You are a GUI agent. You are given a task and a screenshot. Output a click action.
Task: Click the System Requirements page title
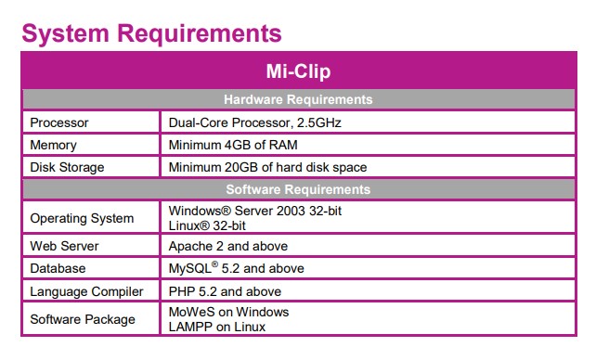(x=151, y=33)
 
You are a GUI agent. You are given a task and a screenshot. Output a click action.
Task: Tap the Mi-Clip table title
(x=298, y=71)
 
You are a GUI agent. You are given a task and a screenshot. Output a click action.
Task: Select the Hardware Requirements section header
(x=298, y=99)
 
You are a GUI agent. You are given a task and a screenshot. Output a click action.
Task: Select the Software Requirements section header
(x=298, y=189)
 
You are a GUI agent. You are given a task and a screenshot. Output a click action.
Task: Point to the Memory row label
(x=54, y=145)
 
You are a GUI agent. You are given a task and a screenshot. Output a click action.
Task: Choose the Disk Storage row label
(x=68, y=167)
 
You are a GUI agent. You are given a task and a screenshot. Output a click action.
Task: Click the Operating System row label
(x=82, y=219)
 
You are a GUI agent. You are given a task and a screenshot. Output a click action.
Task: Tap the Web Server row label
(x=65, y=246)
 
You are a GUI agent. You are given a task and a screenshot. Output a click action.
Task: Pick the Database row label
(x=58, y=268)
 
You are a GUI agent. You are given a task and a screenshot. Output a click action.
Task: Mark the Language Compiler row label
(x=87, y=291)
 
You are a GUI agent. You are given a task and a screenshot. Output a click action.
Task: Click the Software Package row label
(x=83, y=319)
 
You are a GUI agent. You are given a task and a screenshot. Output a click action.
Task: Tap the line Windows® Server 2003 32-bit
(x=254, y=212)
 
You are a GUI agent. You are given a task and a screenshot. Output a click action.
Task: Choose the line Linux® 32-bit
(x=206, y=226)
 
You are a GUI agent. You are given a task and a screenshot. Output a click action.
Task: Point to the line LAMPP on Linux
(x=216, y=327)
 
